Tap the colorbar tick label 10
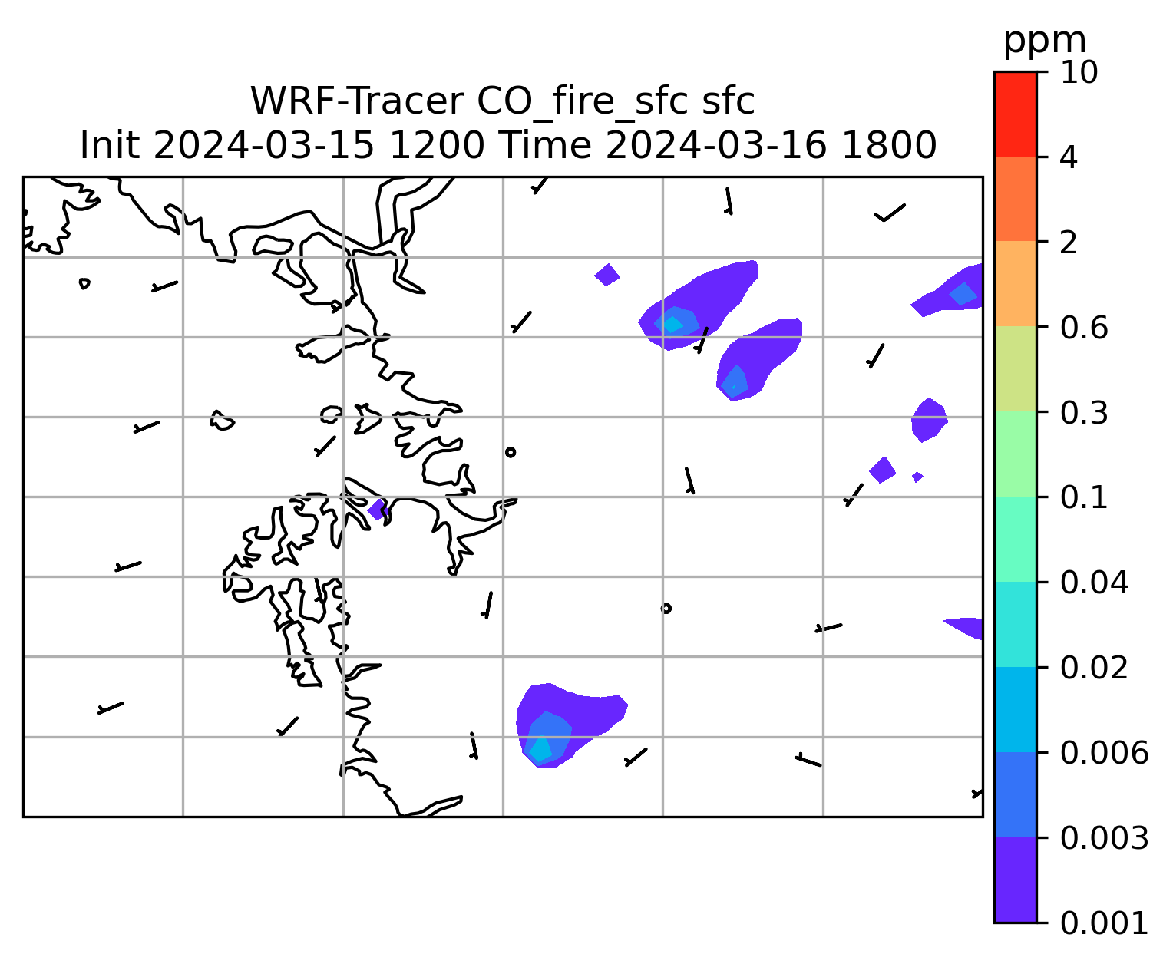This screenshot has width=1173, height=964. tap(1079, 73)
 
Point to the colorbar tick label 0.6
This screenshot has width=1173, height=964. tap(1084, 328)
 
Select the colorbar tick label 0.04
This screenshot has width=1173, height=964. tap(1094, 583)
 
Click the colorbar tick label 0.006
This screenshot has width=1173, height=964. tap(1104, 753)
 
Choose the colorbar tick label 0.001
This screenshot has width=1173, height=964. tap(1104, 923)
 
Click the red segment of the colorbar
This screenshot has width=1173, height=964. tap(1015, 114)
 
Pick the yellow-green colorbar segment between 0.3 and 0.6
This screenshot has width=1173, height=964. tap(1015, 368)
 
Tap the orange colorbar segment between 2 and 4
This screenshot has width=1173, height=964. tap(1015, 199)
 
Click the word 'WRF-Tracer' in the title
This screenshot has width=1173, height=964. tap(356, 101)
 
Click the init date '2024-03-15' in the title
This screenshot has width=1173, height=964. tap(263, 146)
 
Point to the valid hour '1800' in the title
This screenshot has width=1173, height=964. tap(889, 146)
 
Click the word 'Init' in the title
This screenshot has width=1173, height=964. tap(110, 146)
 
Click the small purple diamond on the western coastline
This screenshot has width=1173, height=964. tap(377, 509)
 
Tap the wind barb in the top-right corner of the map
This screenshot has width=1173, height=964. tap(889, 213)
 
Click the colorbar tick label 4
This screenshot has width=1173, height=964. tap(1069, 158)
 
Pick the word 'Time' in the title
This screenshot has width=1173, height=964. tap(544, 146)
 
